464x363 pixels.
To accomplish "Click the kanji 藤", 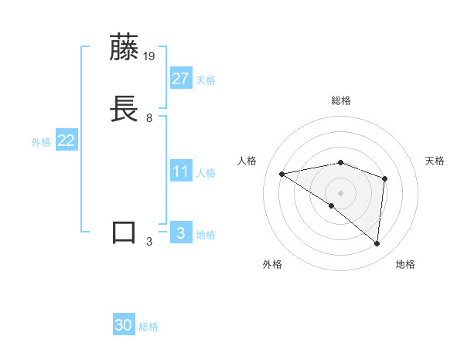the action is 125,48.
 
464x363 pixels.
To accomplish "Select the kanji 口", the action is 125,232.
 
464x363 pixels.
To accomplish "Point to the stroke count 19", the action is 150,56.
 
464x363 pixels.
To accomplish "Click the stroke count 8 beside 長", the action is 149,118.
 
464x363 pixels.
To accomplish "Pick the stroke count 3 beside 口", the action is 149,241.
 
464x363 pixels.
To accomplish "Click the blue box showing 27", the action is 181,79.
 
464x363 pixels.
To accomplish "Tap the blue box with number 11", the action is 181,171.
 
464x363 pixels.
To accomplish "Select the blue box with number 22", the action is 66,141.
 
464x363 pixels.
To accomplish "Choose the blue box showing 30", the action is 124,325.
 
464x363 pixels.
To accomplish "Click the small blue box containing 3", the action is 181,232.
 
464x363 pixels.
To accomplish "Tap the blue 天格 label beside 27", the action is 206,80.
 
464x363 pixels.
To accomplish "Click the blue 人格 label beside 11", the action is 206,173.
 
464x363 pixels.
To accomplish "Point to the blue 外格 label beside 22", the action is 41,142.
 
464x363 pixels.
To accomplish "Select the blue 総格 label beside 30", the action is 148,327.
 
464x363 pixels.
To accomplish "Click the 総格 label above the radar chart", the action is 341,100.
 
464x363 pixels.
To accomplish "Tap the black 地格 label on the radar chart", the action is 405,264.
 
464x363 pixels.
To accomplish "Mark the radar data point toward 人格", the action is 282,174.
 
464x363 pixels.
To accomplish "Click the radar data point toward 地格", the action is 377,243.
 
